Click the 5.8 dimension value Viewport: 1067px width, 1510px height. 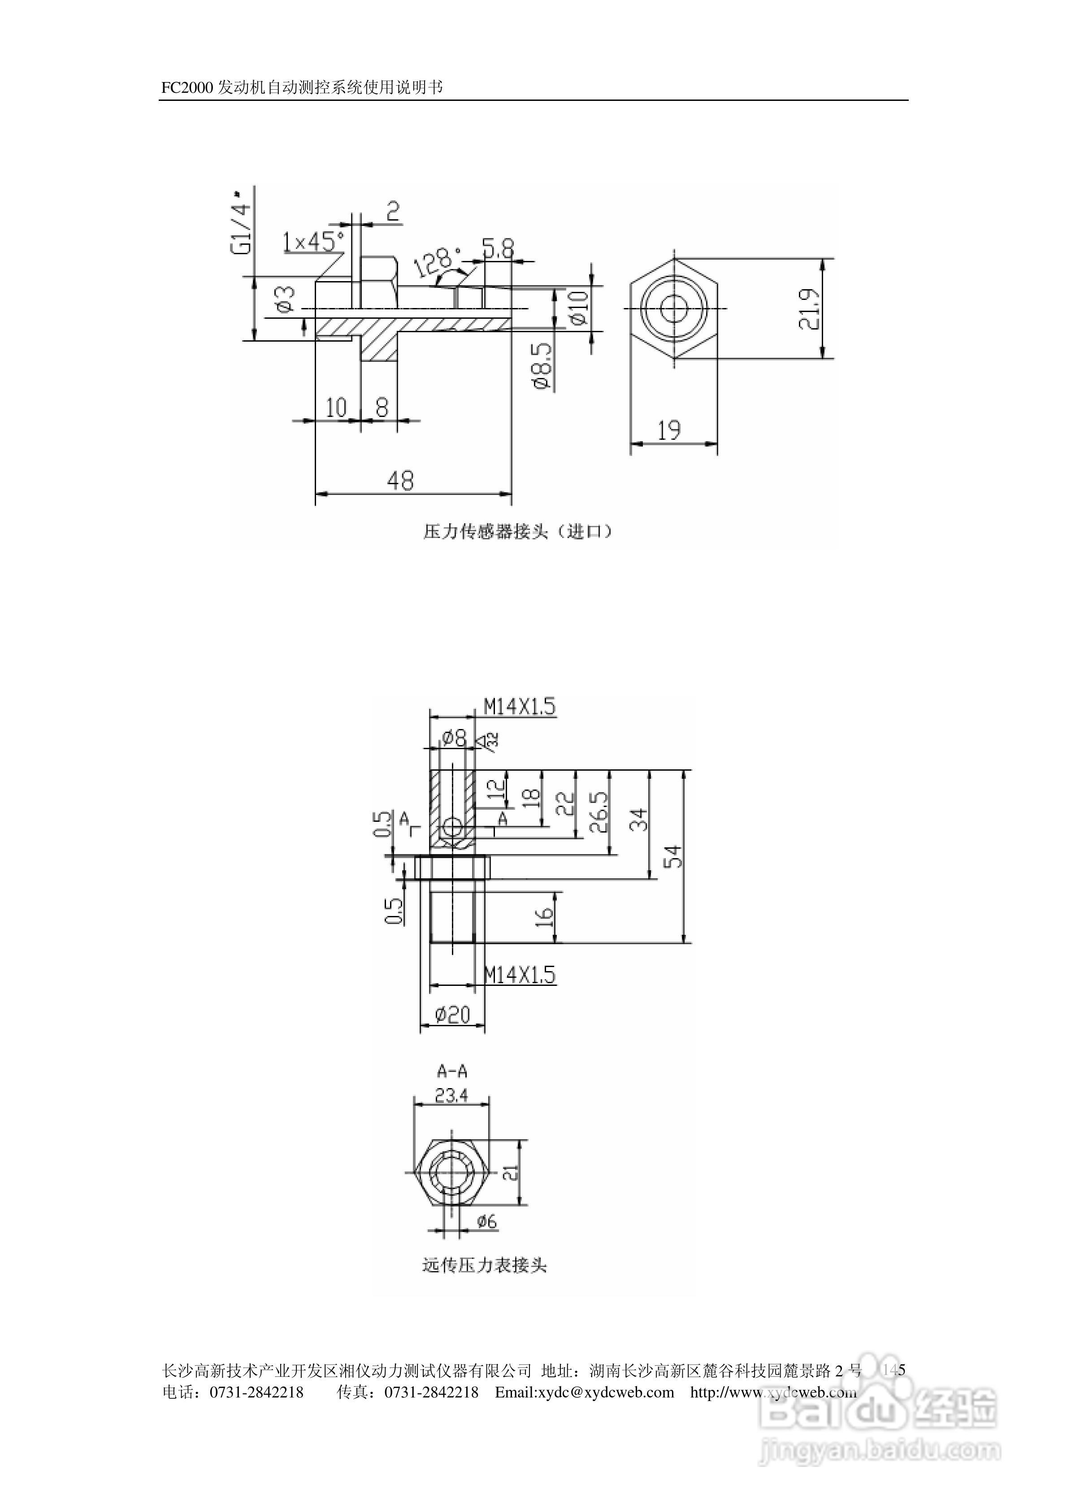point(498,248)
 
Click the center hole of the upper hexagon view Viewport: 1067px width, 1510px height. point(674,308)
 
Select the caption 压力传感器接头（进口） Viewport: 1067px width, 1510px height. point(518,531)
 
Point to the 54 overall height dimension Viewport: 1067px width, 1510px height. point(674,856)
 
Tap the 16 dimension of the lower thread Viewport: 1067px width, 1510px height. point(545,917)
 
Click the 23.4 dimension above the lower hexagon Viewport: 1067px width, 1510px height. point(451,1095)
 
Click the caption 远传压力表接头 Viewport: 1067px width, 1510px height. point(484,1265)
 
